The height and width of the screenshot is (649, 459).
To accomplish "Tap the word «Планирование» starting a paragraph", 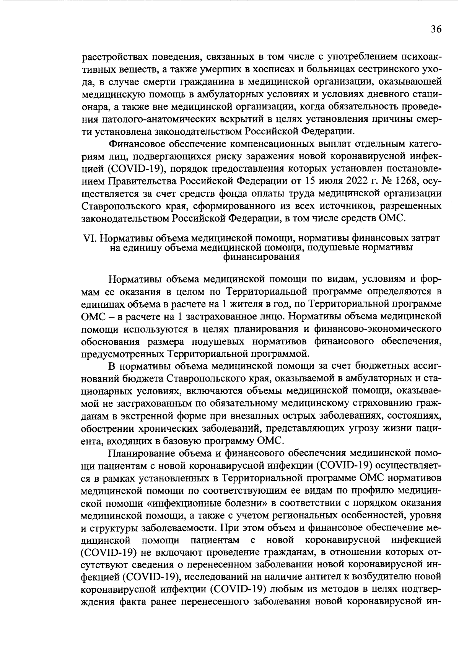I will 141,453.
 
